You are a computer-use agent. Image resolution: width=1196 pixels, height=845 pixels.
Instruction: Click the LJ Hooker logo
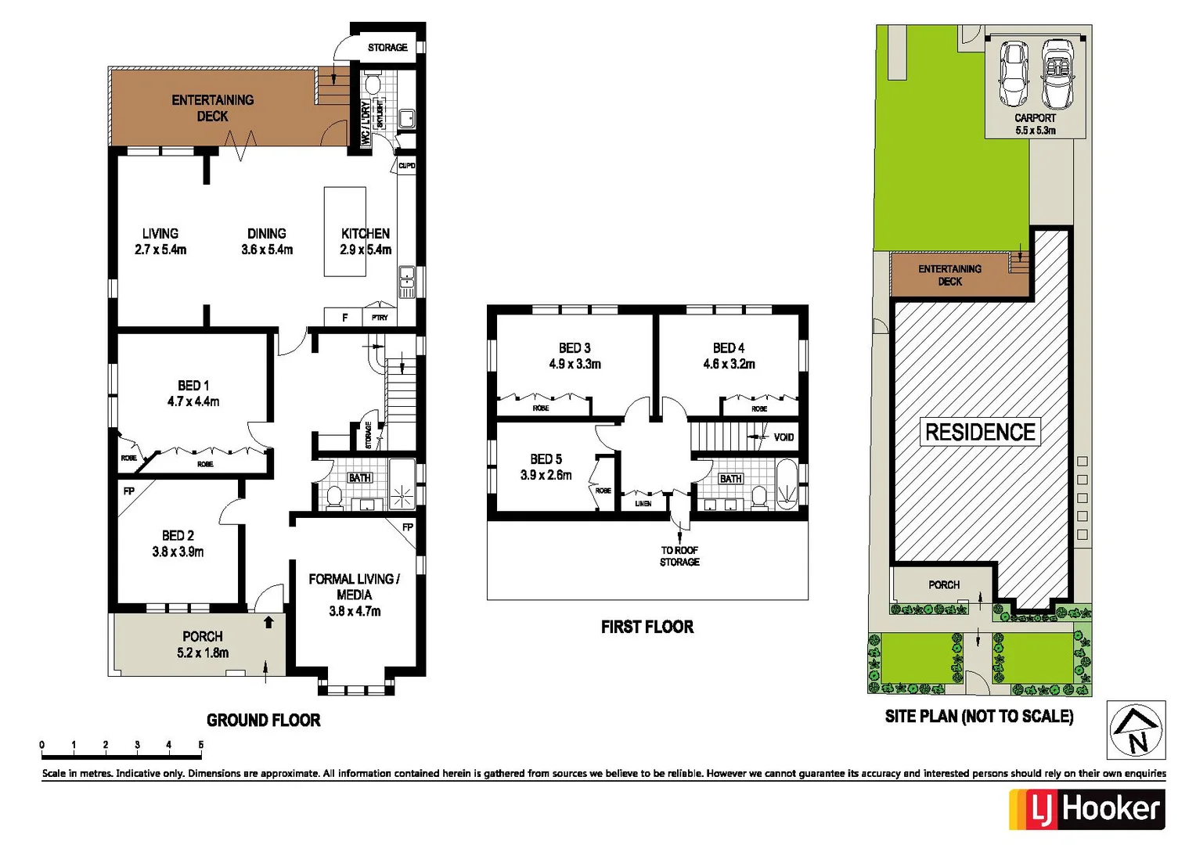click(1086, 809)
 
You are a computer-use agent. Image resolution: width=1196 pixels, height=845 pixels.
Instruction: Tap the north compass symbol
click(1136, 730)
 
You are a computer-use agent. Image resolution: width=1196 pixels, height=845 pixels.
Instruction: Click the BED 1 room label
click(193, 386)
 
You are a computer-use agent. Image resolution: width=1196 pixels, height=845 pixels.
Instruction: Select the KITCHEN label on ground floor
click(365, 234)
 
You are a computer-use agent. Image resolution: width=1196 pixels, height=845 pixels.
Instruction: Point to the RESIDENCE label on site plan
click(980, 432)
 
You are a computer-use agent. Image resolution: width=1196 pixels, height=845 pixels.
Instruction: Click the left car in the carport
click(1014, 74)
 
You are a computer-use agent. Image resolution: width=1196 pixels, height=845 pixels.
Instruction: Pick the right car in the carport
click(1057, 74)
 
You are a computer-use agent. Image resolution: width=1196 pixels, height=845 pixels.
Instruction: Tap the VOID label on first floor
click(784, 437)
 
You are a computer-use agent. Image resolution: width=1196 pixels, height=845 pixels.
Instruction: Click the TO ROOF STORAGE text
click(679, 556)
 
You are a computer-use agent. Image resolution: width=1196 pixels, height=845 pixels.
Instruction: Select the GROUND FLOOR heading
click(263, 720)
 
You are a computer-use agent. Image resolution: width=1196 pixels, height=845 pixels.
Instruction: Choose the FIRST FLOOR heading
click(647, 627)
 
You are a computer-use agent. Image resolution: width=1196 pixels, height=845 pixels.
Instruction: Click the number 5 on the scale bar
click(200, 745)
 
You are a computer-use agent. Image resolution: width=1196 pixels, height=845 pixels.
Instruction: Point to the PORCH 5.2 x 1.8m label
click(203, 645)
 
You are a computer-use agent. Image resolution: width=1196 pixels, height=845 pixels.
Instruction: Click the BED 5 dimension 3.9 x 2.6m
click(546, 476)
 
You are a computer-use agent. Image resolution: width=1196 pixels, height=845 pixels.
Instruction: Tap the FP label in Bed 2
click(129, 491)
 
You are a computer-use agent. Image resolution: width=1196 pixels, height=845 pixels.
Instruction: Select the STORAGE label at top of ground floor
click(387, 48)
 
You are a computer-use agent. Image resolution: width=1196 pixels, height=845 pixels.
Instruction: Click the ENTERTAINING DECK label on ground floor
click(212, 108)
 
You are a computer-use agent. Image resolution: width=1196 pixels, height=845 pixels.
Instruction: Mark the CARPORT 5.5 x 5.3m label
click(1035, 124)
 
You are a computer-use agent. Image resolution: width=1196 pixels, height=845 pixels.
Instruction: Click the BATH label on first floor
click(730, 479)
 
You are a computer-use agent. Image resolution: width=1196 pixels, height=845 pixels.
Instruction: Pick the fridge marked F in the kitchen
click(344, 318)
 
